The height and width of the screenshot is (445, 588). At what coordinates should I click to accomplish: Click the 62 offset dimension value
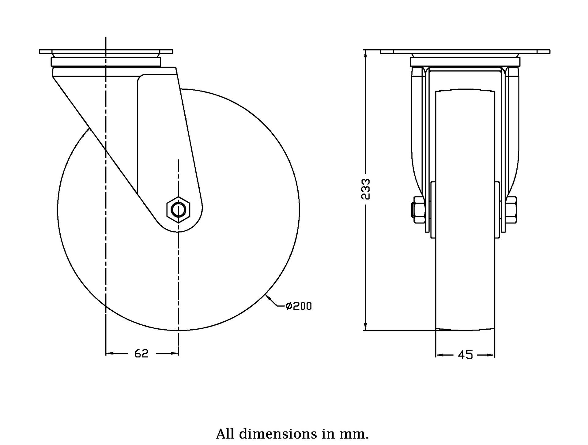[x=141, y=353]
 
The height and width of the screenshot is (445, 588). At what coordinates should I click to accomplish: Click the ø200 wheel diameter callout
[x=299, y=306]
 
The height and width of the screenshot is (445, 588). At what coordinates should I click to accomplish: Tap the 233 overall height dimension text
[x=366, y=189]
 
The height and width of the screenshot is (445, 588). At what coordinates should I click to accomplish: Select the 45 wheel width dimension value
[x=465, y=355]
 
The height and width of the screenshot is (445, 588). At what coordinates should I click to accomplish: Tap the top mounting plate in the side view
[x=106, y=51]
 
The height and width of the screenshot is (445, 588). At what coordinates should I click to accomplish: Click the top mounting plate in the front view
[x=465, y=51]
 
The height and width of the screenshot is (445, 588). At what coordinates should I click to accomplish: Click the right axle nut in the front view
[x=511, y=210]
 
